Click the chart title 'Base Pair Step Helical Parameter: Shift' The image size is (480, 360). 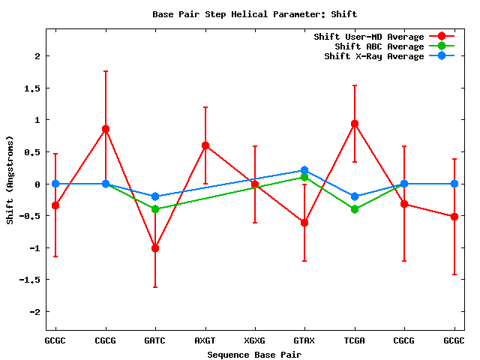(x=254, y=14)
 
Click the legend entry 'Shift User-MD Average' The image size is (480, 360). (x=368, y=37)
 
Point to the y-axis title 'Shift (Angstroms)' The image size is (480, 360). (x=10, y=180)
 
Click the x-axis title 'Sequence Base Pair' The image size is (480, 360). (x=253, y=353)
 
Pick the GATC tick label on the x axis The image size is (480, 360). (x=155, y=340)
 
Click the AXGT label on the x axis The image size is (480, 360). (x=205, y=340)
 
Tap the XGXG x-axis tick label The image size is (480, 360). (x=254, y=340)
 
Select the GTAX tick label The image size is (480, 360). (x=304, y=340)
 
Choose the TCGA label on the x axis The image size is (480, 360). (x=354, y=340)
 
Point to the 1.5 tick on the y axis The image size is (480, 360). (x=32, y=88)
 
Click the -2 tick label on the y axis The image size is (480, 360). (x=34, y=311)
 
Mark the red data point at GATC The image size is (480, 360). (x=155, y=247)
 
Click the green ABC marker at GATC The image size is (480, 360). (x=155, y=209)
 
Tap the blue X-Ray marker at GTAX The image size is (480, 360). (x=304, y=171)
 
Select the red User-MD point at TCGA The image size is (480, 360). (x=354, y=124)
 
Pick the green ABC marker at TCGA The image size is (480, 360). (x=354, y=209)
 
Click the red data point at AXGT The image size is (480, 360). (x=205, y=145)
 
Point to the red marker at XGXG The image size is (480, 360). (x=254, y=184)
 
